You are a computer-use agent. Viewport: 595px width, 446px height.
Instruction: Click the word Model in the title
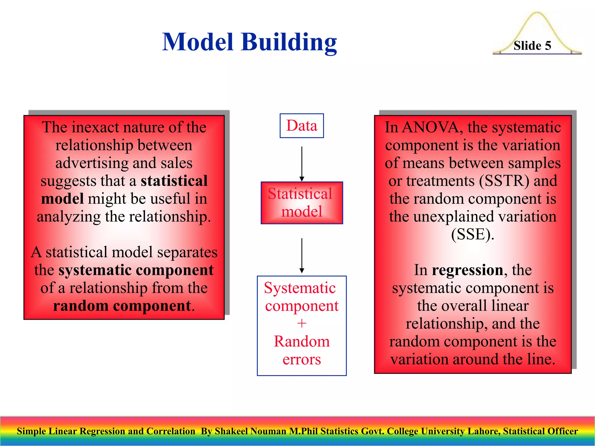[198, 42]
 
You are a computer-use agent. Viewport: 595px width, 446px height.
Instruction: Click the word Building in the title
[289, 42]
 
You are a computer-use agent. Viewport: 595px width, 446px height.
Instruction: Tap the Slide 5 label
[532, 46]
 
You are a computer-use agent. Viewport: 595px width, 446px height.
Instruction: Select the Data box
[302, 126]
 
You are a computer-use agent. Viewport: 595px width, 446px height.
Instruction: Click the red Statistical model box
[302, 203]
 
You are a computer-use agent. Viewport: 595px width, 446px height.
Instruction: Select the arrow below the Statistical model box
[302, 255]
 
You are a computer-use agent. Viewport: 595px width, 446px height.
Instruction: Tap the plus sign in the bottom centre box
[302, 323]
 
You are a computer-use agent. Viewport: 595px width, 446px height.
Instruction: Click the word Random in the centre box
[302, 341]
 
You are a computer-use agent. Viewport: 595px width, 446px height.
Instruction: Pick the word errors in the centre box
[302, 359]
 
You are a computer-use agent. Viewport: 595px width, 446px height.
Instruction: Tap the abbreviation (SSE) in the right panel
[472, 234]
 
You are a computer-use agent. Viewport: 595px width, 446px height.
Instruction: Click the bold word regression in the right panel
[467, 270]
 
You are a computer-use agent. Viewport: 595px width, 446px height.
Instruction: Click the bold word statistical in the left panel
[174, 181]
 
